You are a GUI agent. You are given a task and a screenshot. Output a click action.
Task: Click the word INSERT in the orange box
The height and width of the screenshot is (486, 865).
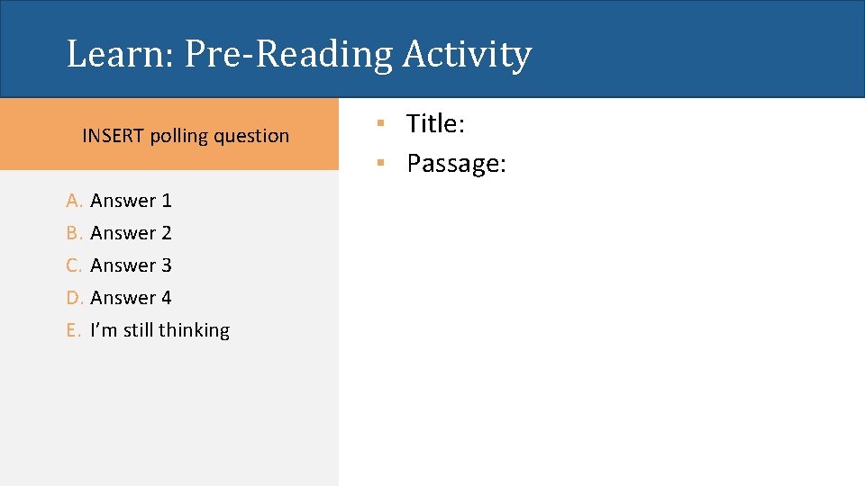(114, 136)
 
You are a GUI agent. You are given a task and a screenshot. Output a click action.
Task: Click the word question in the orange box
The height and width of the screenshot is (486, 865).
(253, 137)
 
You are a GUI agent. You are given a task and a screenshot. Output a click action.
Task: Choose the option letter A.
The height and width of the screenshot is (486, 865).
(73, 201)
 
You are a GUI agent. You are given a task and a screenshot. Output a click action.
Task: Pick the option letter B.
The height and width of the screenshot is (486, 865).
(73, 233)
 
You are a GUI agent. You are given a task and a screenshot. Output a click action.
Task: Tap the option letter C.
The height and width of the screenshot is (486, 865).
(73, 265)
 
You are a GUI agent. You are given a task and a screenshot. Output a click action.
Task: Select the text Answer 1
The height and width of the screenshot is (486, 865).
(131, 201)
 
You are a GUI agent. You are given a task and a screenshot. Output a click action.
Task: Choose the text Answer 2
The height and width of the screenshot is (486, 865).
(131, 233)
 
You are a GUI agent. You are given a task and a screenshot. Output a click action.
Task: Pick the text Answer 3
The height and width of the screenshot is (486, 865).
(131, 265)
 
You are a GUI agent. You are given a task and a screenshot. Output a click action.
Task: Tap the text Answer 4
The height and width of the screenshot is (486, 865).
(131, 298)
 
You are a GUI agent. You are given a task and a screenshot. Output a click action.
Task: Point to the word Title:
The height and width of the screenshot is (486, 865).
(435, 124)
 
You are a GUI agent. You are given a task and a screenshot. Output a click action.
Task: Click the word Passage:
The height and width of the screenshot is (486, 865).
(456, 164)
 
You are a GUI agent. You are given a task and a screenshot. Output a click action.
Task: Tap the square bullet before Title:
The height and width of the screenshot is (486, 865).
(382, 121)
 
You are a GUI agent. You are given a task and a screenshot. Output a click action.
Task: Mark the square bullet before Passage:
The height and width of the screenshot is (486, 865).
(382, 161)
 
